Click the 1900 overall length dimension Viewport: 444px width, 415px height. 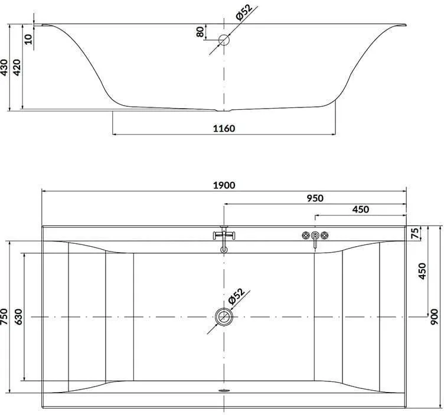pyautogui.click(x=224, y=185)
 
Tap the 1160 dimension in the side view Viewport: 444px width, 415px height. pyautogui.click(x=224, y=129)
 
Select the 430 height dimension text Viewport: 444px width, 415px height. pyautogui.click(x=4, y=67)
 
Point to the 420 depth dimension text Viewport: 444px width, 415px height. pyautogui.click(x=17, y=67)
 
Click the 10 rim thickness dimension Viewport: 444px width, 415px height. pyautogui.click(x=28, y=40)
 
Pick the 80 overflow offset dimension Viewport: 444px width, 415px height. pyautogui.click(x=200, y=32)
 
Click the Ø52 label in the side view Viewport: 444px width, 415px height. pyautogui.click(x=244, y=12)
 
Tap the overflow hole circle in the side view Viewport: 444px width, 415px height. pyautogui.click(x=224, y=40)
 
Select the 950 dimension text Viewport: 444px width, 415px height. pyautogui.click(x=315, y=198)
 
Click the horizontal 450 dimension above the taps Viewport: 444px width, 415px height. pyautogui.click(x=361, y=210)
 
